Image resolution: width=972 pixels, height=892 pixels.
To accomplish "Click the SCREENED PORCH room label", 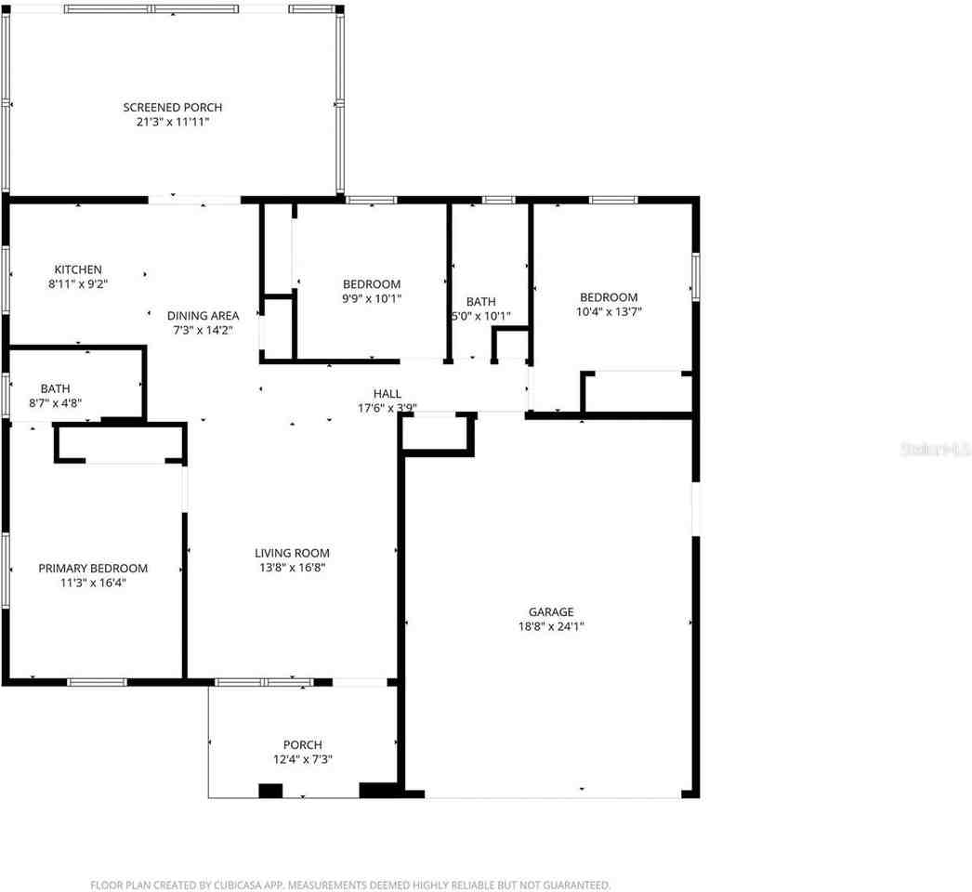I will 173,108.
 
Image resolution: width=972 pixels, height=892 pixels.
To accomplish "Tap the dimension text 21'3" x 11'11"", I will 173,122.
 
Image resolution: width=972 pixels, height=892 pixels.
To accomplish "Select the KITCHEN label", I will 78,269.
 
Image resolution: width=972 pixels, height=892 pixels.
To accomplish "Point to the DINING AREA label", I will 203,315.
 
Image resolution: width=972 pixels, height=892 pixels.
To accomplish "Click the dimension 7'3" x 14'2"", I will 203,330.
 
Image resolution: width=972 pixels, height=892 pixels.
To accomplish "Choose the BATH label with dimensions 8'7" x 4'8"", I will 55,388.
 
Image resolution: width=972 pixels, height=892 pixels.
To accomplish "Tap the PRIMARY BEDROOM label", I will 93,569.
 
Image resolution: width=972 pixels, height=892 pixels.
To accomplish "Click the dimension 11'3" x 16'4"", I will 93,584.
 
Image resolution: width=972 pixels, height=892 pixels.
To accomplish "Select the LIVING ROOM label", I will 292,553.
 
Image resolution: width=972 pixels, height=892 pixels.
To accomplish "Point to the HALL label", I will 387,394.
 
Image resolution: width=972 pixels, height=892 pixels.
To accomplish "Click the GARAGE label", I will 551,611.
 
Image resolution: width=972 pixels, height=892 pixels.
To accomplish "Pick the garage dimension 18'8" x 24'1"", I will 551,626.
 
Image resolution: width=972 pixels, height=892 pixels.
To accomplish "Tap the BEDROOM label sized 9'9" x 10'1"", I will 372,284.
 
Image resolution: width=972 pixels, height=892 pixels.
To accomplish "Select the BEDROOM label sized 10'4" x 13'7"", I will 609,297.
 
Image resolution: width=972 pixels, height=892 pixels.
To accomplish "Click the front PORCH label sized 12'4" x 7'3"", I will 303,744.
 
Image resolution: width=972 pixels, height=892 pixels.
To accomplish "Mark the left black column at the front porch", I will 269,791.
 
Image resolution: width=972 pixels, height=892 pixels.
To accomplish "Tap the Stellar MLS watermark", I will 934,450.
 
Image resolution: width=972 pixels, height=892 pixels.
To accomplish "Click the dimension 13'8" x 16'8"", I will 292,568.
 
